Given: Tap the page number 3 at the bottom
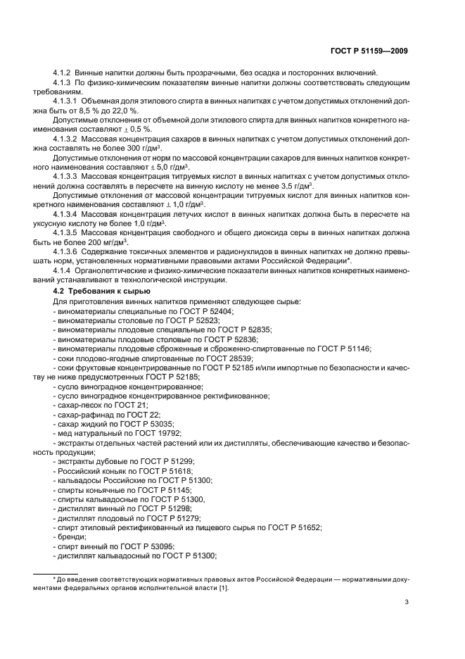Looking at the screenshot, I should pyautogui.click(x=407, y=601).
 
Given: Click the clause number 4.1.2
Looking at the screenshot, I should pyautogui.click(x=64, y=73).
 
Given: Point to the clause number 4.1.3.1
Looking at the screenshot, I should pyautogui.click(x=68, y=101).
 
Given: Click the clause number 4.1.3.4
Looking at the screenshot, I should pyautogui.click(x=68, y=212).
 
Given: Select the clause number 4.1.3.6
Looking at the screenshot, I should pyautogui.click(x=68, y=251).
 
